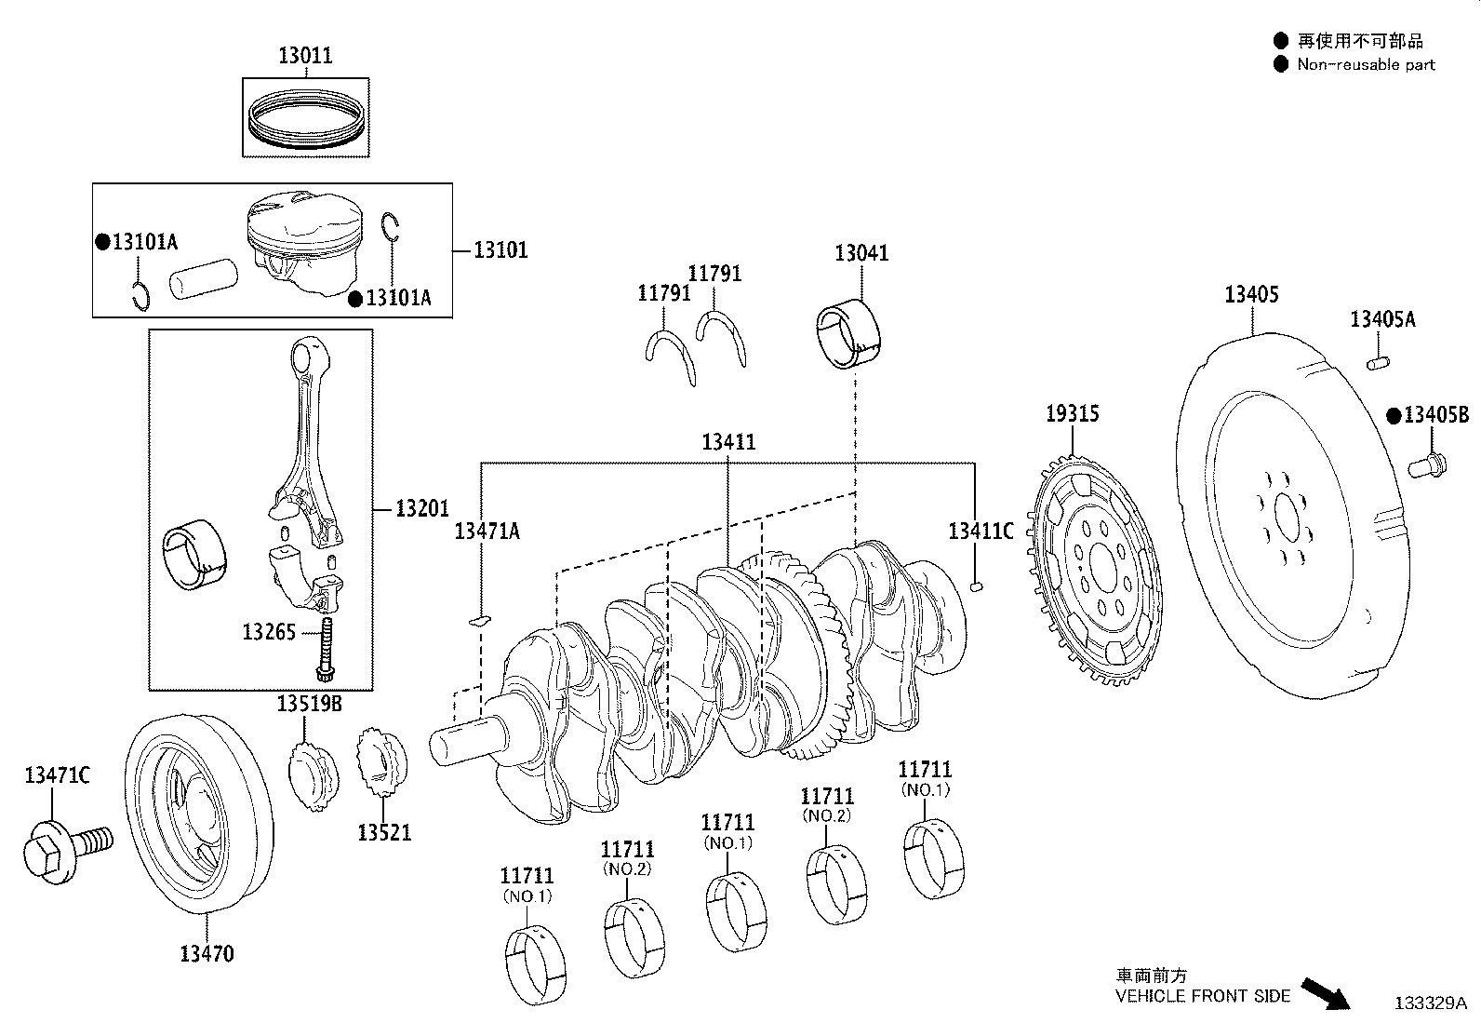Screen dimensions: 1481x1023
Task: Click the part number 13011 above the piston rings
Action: (x=305, y=55)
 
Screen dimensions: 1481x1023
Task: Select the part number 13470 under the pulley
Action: (x=207, y=953)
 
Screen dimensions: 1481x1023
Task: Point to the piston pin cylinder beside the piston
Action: (x=204, y=278)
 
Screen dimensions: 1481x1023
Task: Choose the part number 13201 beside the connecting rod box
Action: (x=422, y=508)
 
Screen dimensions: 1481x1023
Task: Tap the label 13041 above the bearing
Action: (x=861, y=253)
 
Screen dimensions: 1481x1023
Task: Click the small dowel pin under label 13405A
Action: (x=1378, y=363)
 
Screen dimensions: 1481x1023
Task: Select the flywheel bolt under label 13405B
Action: (x=1427, y=465)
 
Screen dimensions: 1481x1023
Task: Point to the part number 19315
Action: (x=1073, y=413)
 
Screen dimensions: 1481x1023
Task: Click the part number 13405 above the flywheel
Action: (x=1251, y=294)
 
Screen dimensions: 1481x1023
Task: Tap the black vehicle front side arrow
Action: (x=1326, y=994)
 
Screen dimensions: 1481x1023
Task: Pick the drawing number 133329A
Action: (x=1431, y=1003)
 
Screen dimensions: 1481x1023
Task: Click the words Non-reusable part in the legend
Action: (x=1366, y=65)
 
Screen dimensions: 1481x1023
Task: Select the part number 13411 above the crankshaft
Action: (x=728, y=441)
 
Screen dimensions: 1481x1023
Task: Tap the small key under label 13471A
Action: (x=480, y=620)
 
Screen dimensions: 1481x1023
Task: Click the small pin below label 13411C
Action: (x=976, y=586)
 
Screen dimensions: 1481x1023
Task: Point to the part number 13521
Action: (x=384, y=832)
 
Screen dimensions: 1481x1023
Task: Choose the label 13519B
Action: (x=310, y=704)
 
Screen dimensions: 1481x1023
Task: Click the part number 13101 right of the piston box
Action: (x=500, y=250)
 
